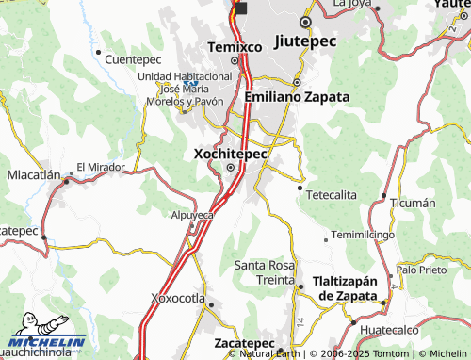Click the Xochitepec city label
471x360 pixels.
229,152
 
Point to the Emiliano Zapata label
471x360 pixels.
296,96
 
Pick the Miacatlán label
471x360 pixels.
34,175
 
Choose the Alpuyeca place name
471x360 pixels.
193,215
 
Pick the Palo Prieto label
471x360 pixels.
421,270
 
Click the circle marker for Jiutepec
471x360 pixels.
304,22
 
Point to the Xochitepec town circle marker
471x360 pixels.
231,169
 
